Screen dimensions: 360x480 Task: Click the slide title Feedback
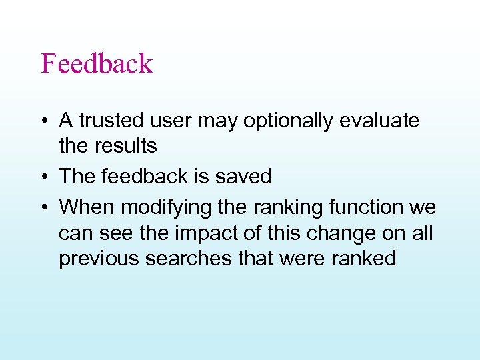(97, 64)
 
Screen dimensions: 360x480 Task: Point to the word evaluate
(380, 121)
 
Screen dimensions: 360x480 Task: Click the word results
(127, 145)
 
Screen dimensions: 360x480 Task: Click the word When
(87, 207)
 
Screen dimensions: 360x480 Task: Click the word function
(367, 207)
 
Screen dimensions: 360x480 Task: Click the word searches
(192, 258)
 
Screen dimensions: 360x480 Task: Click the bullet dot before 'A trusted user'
(43, 122)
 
